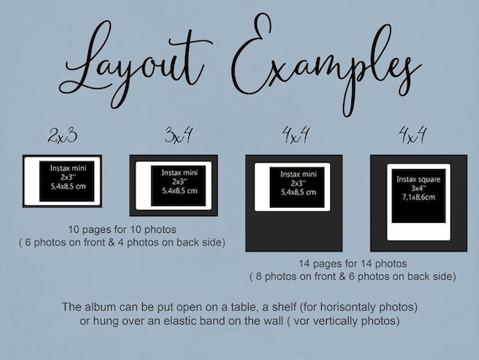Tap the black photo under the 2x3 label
tap(62, 181)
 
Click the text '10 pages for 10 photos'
tap(123, 230)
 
